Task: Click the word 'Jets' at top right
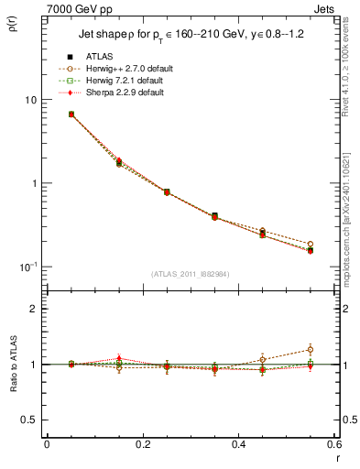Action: [325, 8]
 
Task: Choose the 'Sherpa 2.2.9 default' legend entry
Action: [115, 93]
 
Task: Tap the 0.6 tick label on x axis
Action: [333, 446]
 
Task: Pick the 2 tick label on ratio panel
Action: [35, 309]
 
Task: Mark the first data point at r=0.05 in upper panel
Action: [71, 115]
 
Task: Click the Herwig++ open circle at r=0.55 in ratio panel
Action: [311, 349]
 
